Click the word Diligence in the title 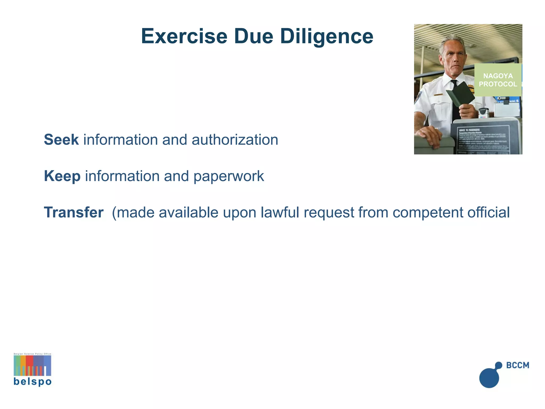(x=327, y=37)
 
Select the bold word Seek (x=61, y=140)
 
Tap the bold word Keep (x=62, y=176)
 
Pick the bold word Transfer (x=74, y=212)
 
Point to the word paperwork (x=229, y=176)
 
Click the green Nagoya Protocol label (x=498, y=80)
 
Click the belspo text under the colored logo (x=32, y=382)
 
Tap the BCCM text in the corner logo (x=518, y=365)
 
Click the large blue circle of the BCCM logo (x=489, y=378)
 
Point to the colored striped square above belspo (x=32, y=365)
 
